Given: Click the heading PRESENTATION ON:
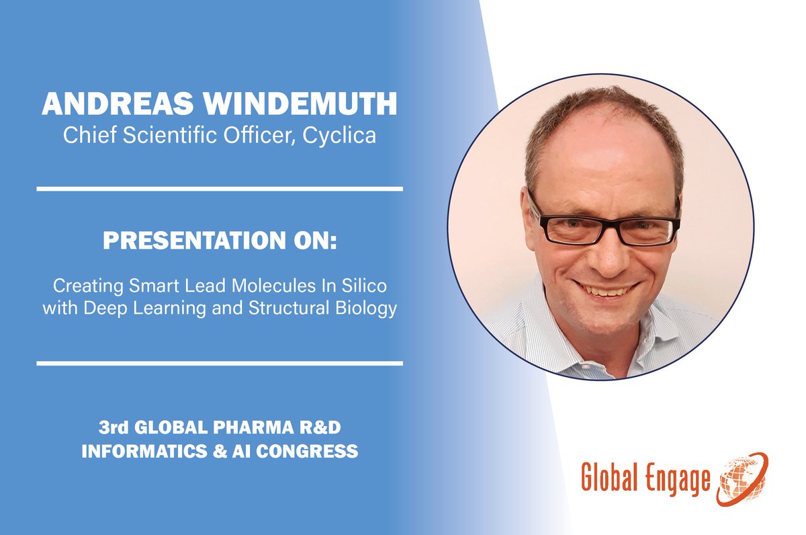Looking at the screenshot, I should pos(220,240).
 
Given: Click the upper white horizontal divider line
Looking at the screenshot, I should pos(220,189).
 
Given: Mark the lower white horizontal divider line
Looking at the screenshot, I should pos(220,364).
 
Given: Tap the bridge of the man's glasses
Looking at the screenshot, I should pos(602,216).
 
